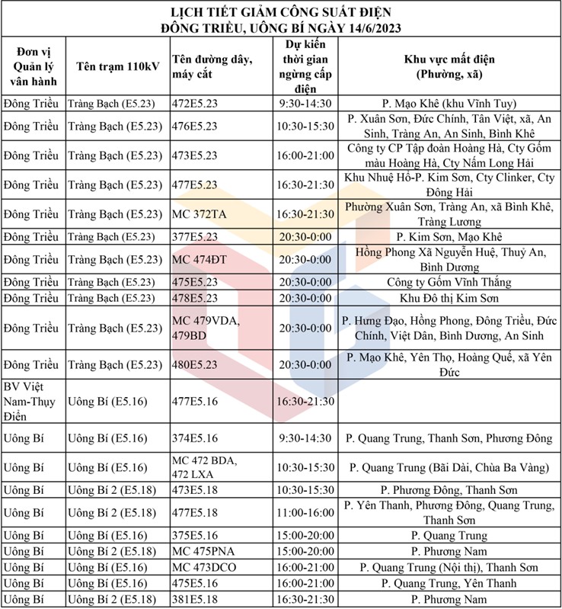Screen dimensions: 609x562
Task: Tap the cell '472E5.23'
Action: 195,104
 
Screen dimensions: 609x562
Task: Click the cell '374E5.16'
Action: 195,438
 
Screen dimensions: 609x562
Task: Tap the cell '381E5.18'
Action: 195,600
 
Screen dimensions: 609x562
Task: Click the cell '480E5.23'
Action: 195,365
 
